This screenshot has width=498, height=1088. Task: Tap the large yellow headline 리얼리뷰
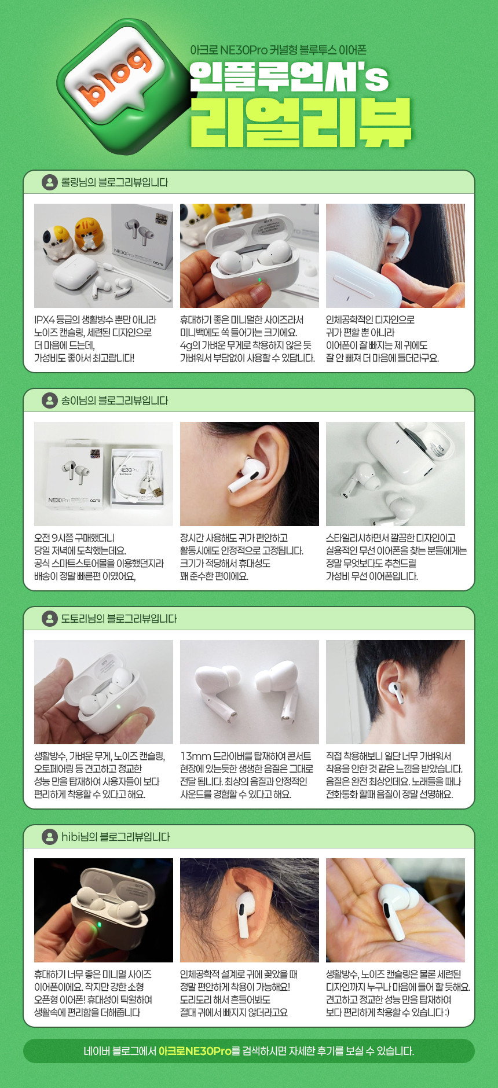tap(301, 122)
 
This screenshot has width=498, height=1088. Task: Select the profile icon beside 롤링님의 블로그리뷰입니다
tap(50, 182)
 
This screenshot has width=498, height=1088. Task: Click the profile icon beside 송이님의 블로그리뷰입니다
tap(50, 400)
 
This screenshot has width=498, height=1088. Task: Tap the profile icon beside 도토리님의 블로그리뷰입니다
tap(50, 619)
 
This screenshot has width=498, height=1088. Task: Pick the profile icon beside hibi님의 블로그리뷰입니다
tap(50, 837)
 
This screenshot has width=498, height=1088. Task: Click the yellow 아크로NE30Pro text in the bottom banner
tap(195, 1051)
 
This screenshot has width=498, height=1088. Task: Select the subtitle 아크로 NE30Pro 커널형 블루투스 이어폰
tap(278, 50)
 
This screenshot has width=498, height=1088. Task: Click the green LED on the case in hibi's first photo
tap(99, 924)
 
